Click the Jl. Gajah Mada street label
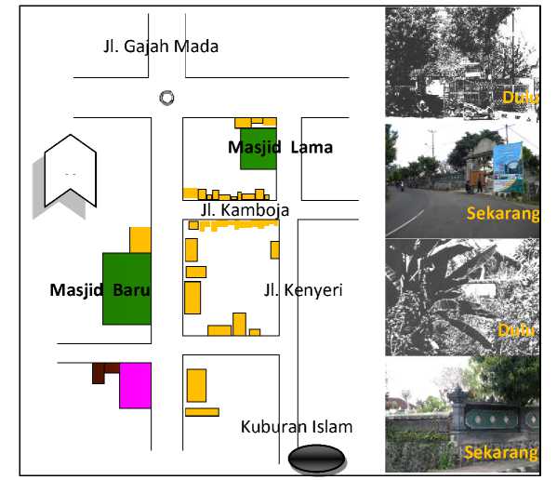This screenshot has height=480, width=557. point(161,47)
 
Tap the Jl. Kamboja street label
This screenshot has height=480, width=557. point(245,210)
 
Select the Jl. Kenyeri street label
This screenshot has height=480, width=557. point(303,290)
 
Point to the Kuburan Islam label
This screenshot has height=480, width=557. point(297,427)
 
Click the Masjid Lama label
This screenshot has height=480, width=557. point(280,148)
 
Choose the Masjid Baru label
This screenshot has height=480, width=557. point(100,290)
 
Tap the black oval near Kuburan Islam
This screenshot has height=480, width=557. point(316,459)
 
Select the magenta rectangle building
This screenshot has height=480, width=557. point(136,385)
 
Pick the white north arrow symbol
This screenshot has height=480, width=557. point(71,171)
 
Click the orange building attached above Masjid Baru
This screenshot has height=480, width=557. point(140,240)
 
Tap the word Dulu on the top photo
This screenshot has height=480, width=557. point(521,97)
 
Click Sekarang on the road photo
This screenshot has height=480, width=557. point(503,214)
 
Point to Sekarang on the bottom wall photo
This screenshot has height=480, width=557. point(501,453)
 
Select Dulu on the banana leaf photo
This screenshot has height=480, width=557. point(516,330)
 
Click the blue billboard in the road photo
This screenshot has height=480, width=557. point(508,166)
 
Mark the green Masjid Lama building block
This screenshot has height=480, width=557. point(259,149)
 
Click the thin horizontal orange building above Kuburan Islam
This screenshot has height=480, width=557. point(202,412)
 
